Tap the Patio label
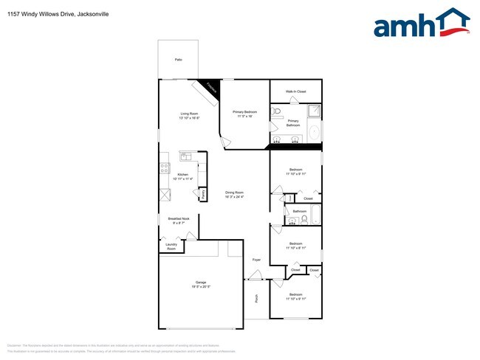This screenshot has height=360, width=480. pyautogui.click(x=178, y=60)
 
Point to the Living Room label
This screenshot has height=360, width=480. pyautogui.click(x=190, y=114)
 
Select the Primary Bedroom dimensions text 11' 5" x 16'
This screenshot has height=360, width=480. pyautogui.click(x=245, y=117)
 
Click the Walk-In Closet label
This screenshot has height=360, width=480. pyautogui.click(x=295, y=91)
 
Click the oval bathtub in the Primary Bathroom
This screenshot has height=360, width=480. pyautogui.click(x=315, y=132)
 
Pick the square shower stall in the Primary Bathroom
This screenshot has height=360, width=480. pyautogui.click(x=313, y=111)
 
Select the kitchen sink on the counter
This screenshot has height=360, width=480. pyautogui.click(x=185, y=156)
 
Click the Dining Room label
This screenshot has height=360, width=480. pyautogui.click(x=235, y=193)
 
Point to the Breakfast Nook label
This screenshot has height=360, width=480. pyautogui.click(x=179, y=218)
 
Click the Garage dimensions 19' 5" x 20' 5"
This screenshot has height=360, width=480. pyautogui.click(x=201, y=286)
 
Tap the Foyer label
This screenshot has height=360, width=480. pyautogui.click(x=256, y=260)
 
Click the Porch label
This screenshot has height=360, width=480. pyautogui.click(x=256, y=299)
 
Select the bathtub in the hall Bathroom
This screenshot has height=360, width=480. pyautogui.click(x=315, y=216)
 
